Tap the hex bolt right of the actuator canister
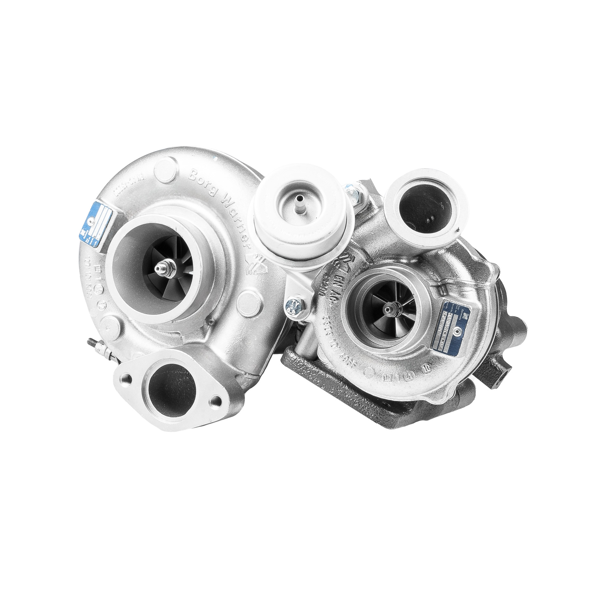point(356,194)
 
